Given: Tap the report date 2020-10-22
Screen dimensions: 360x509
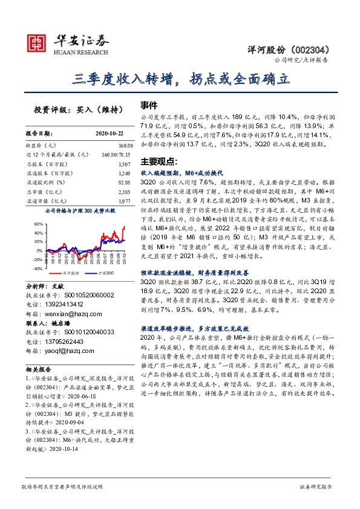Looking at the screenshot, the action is pyautogui.click(x=110, y=133).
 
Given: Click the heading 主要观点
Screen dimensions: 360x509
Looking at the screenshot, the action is pyautogui.click(x=157, y=161).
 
